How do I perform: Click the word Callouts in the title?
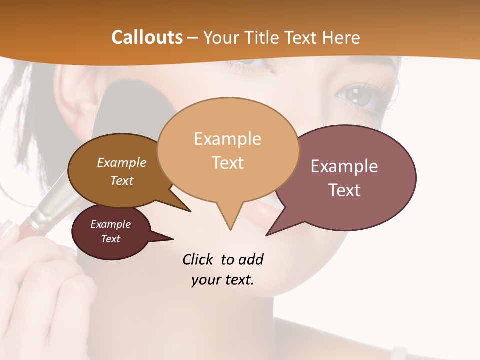[x=147, y=37]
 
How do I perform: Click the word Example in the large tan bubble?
[x=227, y=139]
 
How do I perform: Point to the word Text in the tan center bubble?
[x=227, y=163]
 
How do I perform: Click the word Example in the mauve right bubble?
[x=344, y=166]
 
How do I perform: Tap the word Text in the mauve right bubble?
[x=344, y=190]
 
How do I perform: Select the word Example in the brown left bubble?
[x=122, y=162]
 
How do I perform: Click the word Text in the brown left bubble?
[x=122, y=180]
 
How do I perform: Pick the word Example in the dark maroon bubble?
[x=111, y=224]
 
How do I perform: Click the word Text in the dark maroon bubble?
[x=111, y=239]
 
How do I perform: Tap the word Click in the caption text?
[x=198, y=259]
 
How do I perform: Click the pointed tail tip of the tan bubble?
[x=230, y=230]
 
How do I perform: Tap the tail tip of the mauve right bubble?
[x=266, y=235]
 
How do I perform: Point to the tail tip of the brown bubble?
[x=190, y=211]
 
